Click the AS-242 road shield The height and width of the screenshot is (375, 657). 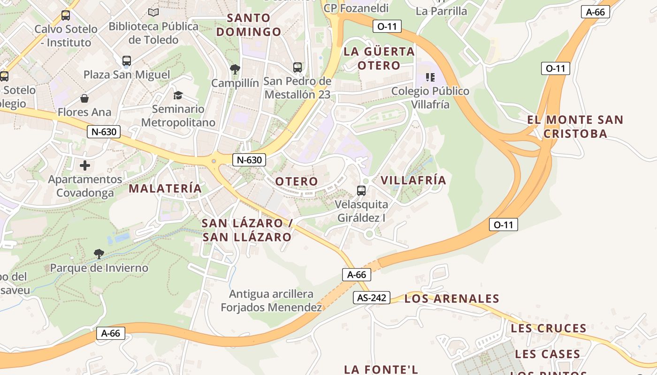372,298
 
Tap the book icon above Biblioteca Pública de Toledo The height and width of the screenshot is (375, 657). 153,12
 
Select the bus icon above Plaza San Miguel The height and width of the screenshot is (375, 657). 127,61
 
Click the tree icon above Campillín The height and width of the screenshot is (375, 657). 235,69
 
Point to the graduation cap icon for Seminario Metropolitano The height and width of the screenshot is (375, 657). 178,96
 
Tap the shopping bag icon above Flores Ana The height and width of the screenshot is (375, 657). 84,98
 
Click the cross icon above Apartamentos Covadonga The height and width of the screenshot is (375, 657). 85,165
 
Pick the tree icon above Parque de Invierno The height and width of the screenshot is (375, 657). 99,254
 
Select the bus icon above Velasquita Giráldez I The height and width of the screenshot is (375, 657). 361,191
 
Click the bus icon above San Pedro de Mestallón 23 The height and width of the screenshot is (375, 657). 298,67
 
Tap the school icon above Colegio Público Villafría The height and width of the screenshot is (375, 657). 430,77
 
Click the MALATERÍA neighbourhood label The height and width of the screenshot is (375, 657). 165,188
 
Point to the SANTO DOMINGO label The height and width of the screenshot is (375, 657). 249,25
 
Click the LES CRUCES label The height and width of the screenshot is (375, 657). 549,328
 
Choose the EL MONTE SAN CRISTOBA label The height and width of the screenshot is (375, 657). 575,127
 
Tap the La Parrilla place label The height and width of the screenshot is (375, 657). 442,11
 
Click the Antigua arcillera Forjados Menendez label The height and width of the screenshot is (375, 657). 271,301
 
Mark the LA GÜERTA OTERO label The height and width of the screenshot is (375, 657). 379,58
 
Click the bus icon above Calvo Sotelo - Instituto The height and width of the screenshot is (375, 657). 66,15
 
